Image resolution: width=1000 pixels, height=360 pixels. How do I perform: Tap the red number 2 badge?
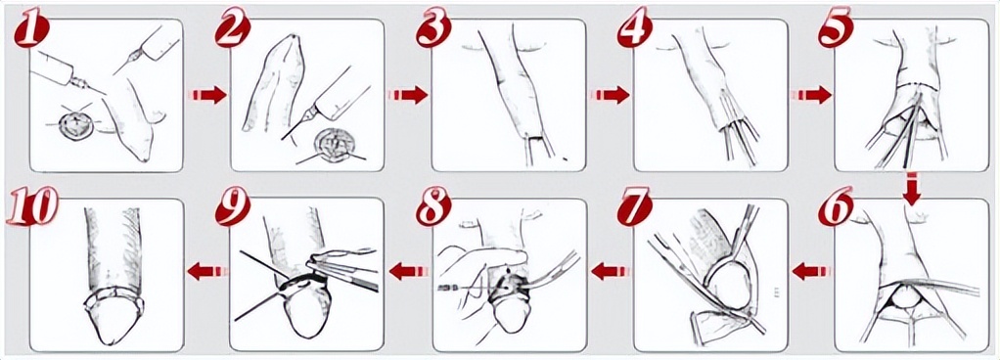(234, 29)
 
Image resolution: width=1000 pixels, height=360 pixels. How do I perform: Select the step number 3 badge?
(434, 29)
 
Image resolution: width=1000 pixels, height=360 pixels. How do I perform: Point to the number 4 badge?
(635, 29)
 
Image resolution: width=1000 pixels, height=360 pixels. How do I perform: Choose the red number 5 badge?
(836, 29)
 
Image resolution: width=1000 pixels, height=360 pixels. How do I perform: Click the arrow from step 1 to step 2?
(207, 95)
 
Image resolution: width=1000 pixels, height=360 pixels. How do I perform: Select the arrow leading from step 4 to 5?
(810, 95)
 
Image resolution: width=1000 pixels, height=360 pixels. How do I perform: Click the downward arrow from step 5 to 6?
(913, 190)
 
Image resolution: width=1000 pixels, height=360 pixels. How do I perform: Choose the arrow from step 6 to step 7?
(811, 272)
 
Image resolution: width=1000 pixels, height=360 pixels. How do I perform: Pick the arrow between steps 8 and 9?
(408, 272)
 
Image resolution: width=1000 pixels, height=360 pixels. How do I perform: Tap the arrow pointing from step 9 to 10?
(207, 272)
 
